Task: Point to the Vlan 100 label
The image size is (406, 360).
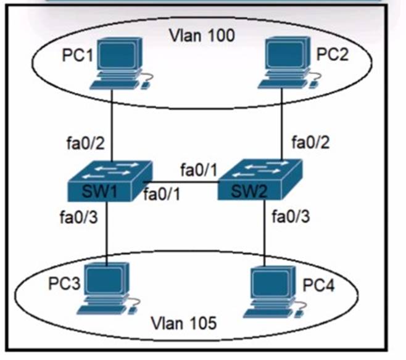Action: pyautogui.click(x=202, y=35)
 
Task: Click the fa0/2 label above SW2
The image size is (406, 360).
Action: pyautogui.click(x=310, y=144)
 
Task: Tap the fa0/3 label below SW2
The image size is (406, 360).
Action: pyautogui.click(x=291, y=217)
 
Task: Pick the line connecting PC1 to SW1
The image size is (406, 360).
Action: pyautogui.click(x=112, y=123)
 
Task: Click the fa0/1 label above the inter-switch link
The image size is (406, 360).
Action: pyautogui.click(x=199, y=168)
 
